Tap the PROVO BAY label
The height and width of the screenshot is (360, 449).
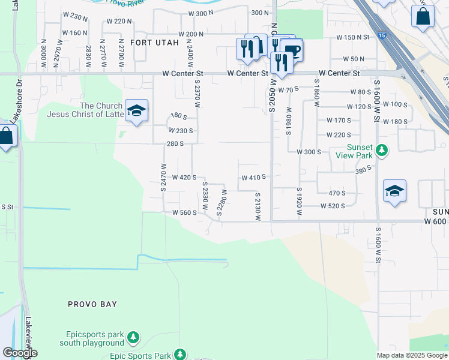coord(92,304)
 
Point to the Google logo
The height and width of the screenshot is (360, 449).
coord(19,353)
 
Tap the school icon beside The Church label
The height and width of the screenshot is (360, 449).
coord(137,111)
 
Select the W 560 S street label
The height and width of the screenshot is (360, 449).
coord(184,212)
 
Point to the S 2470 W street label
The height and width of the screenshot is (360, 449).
coord(163,178)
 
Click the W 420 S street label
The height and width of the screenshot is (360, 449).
coord(184,178)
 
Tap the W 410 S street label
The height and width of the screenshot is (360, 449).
coord(253,178)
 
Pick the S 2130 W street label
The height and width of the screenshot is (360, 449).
coord(257,206)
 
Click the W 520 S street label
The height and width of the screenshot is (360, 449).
coord(333,206)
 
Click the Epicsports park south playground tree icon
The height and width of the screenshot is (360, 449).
coord(134,339)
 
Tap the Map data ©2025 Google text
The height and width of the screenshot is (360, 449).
coord(412,355)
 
